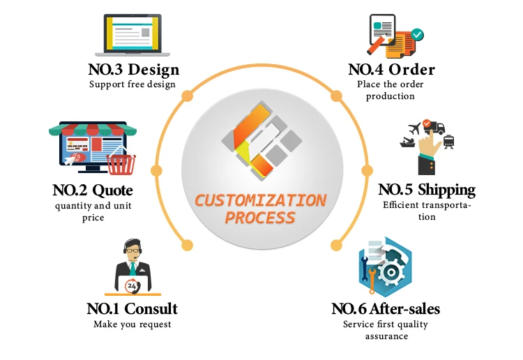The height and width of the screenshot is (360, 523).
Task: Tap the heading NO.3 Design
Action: pyautogui.click(x=134, y=70)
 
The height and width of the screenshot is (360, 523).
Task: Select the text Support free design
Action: pyautogui.click(x=132, y=85)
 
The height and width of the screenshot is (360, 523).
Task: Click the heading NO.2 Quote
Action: pyautogui.click(x=93, y=190)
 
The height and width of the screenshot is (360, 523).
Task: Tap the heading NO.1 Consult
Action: pyautogui.click(x=132, y=308)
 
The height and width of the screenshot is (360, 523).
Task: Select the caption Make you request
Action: pyautogui.click(x=132, y=324)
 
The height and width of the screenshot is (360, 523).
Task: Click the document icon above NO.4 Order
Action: pyautogui.click(x=391, y=35)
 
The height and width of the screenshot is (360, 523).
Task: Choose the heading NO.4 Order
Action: pyautogui.click(x=391, y=70)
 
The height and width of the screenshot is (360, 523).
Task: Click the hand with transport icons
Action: pyautogui.click(x=427, y=147)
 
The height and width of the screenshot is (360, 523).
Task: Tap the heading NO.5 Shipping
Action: pyautogui.click(x=427, y=190)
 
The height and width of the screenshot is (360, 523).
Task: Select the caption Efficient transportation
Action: pyautogui.click(x=427, y=211)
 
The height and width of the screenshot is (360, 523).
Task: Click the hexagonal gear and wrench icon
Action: pyautogui.click(x=386, y=269)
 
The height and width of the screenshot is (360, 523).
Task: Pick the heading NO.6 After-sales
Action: pyautogui.click(x=386, y=308)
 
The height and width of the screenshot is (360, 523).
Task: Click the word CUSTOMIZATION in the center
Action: pyautogui.click(x=260, y=201)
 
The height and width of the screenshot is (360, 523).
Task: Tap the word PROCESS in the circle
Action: pyautogui.click(x=260, y=218)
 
